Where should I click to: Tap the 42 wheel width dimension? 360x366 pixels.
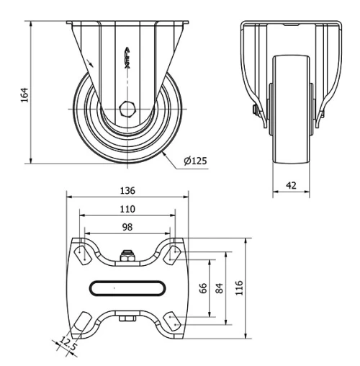coord(292,184)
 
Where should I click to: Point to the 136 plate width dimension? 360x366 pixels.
coord(127,191)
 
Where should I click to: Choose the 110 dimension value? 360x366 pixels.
coord(127,208)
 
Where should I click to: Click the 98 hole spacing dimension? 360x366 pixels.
coord(127,226)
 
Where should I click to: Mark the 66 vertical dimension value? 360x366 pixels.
coord(202,287)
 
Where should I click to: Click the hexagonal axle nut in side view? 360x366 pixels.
coord(127,110)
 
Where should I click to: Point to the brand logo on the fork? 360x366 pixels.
coord(127,58)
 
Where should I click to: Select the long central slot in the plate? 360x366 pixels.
coord(127,287)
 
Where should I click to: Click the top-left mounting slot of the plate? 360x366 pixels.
coord(81,253)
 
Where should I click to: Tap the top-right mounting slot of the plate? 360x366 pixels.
coord(174,253)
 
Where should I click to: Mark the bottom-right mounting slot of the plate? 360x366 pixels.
coord(174,321)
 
